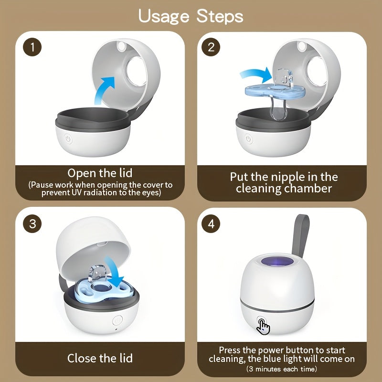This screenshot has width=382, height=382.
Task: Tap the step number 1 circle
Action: [x=32, y=47]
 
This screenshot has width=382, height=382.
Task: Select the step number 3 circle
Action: [x=32, y=224]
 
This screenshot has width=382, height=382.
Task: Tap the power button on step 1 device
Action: [x=68, y=139]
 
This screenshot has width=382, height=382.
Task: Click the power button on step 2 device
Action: [x=248, y=139]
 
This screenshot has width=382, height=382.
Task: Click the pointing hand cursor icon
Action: [x=263, y=326]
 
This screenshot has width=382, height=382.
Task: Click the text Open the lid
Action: [x=100, y=173]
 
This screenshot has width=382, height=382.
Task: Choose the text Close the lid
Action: [x=100, y=358]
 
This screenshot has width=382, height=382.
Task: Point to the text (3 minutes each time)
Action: [x=282, y=369]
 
